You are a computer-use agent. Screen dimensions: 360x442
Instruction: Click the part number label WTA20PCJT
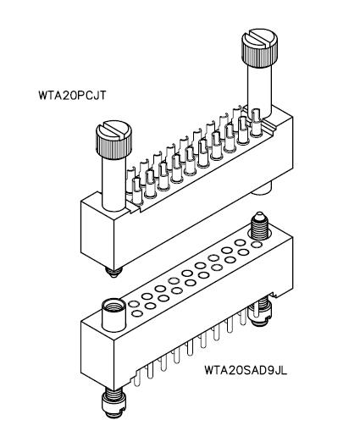coord(72,96)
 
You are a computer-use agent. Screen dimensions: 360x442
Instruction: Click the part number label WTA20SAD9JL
coord(246,370)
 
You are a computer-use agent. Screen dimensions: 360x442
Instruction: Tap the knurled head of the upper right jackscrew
coord(259,47)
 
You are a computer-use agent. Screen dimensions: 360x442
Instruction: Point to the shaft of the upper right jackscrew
coord(259,91)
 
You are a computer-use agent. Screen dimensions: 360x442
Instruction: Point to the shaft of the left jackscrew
coord(114,184)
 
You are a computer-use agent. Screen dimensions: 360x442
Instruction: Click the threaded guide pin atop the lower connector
coord(259,227)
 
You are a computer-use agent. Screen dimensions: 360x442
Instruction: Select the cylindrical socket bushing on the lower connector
coord(114,315)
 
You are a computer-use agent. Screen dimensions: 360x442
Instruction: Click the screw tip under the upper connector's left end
coord(114,272)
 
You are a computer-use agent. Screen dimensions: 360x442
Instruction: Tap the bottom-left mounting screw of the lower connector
coord(114,402)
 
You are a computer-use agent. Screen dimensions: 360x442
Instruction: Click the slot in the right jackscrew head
coord(259,39)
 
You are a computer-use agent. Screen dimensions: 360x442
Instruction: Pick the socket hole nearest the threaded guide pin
coord(257,245)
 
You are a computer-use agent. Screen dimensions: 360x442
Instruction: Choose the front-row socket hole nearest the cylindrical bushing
coord(137,313)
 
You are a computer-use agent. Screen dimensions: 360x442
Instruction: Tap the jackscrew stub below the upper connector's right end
coord(261,189)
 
